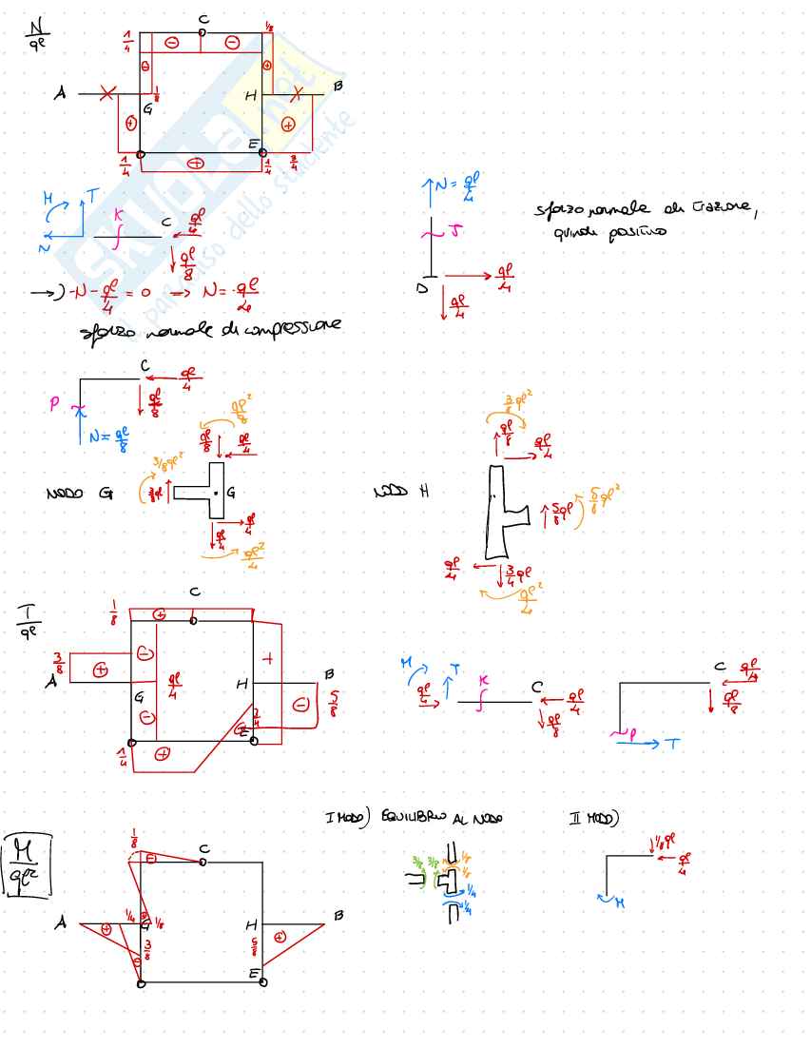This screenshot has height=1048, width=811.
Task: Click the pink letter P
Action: click(x=55, y=403)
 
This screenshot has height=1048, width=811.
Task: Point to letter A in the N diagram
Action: click(x=60, y=94)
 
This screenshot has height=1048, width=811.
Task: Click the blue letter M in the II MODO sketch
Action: click(x=619, y=902)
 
